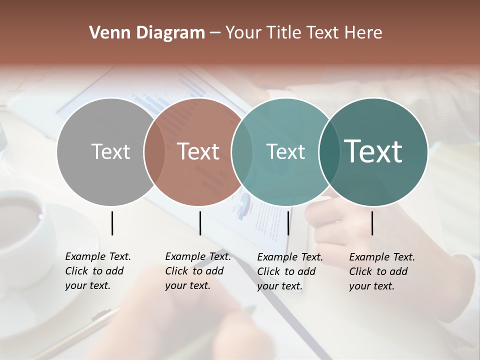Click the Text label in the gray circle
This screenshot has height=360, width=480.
(x=110, y=151)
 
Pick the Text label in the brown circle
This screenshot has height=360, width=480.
(x=198, y=151)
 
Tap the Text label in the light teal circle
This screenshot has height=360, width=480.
(x=285, y=151)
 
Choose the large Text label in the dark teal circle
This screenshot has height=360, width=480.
(x=373, y=151)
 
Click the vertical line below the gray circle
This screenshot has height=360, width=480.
(x=112, y=223)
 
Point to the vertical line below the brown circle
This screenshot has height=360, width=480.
(x=200, y=223)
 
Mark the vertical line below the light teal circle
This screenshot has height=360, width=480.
(x=288, y=223)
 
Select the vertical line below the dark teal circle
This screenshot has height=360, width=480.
(x=372, y=223)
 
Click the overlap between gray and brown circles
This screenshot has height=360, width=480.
(x=154, y=152)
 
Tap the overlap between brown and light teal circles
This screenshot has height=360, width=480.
(x=242, y=152)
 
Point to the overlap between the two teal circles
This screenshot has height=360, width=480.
(x=329, y=152)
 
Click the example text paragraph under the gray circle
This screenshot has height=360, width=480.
(x=98, y=271)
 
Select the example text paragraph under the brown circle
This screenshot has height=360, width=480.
(x=198, y=271)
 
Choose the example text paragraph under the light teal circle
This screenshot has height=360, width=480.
(x=290, y=271)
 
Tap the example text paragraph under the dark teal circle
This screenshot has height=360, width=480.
(x=382, y=271)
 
